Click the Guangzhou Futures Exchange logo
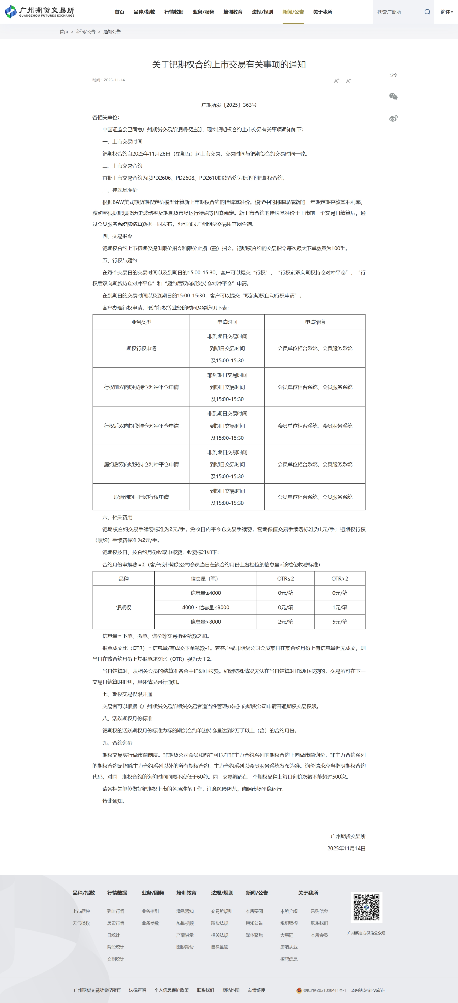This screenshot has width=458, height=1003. coord(39,12)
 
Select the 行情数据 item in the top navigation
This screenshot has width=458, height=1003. coord(174,12)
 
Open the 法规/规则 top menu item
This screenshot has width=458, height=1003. coord(262,12)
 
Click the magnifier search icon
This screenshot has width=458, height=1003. coord(427,12)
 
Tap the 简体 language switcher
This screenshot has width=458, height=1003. coord(446,12)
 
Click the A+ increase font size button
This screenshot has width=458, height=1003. coord(336,81)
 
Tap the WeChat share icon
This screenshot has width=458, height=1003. coord(393,97)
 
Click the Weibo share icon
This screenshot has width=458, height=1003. coord(393,118)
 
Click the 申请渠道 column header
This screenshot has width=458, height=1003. coord(315,322)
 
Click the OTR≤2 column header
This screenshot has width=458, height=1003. coord(285,578)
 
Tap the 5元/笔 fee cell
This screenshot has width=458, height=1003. coord(340,622)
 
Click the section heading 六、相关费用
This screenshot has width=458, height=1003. coord(117,517)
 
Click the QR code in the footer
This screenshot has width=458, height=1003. coord(366,907)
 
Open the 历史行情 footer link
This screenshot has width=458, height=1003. coord(116,923)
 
